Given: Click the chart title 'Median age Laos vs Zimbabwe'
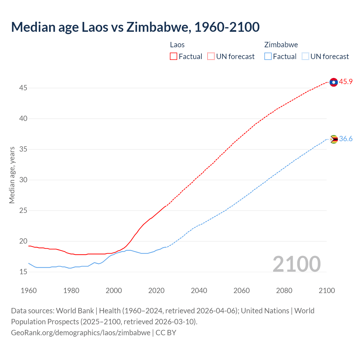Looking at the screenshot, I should tap(135, 27).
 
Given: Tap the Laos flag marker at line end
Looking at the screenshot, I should tap(334, 82).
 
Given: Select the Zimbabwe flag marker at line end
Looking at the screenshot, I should tap(334, 139).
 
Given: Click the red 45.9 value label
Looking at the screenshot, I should tap(346, 82).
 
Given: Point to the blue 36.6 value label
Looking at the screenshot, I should tap(346, 139).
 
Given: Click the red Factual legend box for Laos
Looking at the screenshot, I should tap(174, 57).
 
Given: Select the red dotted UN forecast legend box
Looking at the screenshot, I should tap(211, 57).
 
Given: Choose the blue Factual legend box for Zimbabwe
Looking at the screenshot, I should tap(268, 57).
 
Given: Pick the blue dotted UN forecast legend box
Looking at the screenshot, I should tap(305, 57).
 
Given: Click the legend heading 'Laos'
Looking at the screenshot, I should tap(177, 45).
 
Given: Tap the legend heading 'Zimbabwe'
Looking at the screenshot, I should tap(281, 45).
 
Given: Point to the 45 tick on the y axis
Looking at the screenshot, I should tap(23, 88).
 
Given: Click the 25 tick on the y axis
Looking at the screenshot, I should tap(23, 211).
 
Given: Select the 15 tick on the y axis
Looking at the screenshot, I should tap(23, 272).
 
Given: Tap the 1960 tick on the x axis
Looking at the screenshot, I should tap(29, 291).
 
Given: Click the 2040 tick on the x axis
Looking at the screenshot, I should tap(199, 291).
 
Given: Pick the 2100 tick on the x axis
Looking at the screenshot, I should tap(327, 291).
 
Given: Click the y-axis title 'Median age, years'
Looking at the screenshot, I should tap(12, 175).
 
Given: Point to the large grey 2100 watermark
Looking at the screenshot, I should tap(297, 264).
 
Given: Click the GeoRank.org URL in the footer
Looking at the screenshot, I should tap(81, 333).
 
